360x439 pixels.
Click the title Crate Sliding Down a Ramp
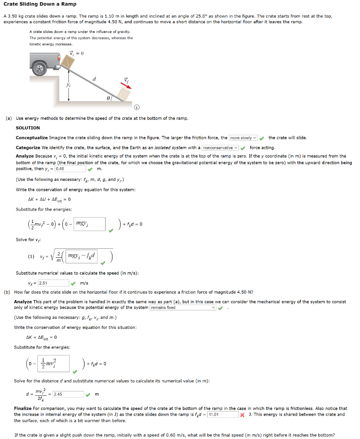(40, 4)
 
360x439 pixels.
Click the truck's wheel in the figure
(40, 68)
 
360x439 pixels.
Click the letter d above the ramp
(95, 78)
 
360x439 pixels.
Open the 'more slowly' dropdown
(243, 138)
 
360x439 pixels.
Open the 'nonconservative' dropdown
(220, 147)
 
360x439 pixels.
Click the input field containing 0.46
(70, 169)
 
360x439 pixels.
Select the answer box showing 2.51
(53, 283)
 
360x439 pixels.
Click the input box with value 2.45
(68, 394)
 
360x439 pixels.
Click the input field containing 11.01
(223, 415)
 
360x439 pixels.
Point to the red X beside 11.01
(242, 415)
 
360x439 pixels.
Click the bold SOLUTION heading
(28, 128)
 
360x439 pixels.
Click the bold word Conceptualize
(32, 138)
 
